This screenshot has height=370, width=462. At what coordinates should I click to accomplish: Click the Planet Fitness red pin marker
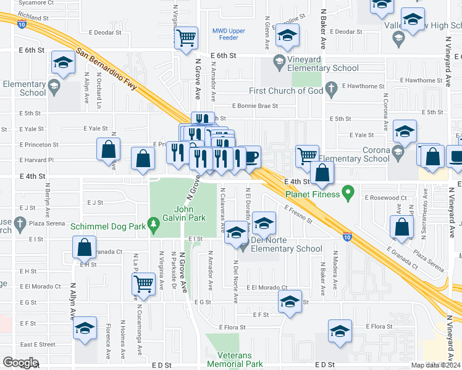tap(348, 194)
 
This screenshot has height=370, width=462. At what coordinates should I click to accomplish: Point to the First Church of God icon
tap(332, 91)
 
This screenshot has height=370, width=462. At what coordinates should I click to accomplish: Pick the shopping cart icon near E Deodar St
tap(186, 38)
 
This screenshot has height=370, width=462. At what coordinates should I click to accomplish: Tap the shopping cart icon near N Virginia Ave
tap(143, 284)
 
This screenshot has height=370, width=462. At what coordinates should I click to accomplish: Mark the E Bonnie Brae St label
tap(254, 106)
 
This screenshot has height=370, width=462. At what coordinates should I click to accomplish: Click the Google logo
tap(20, 363)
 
